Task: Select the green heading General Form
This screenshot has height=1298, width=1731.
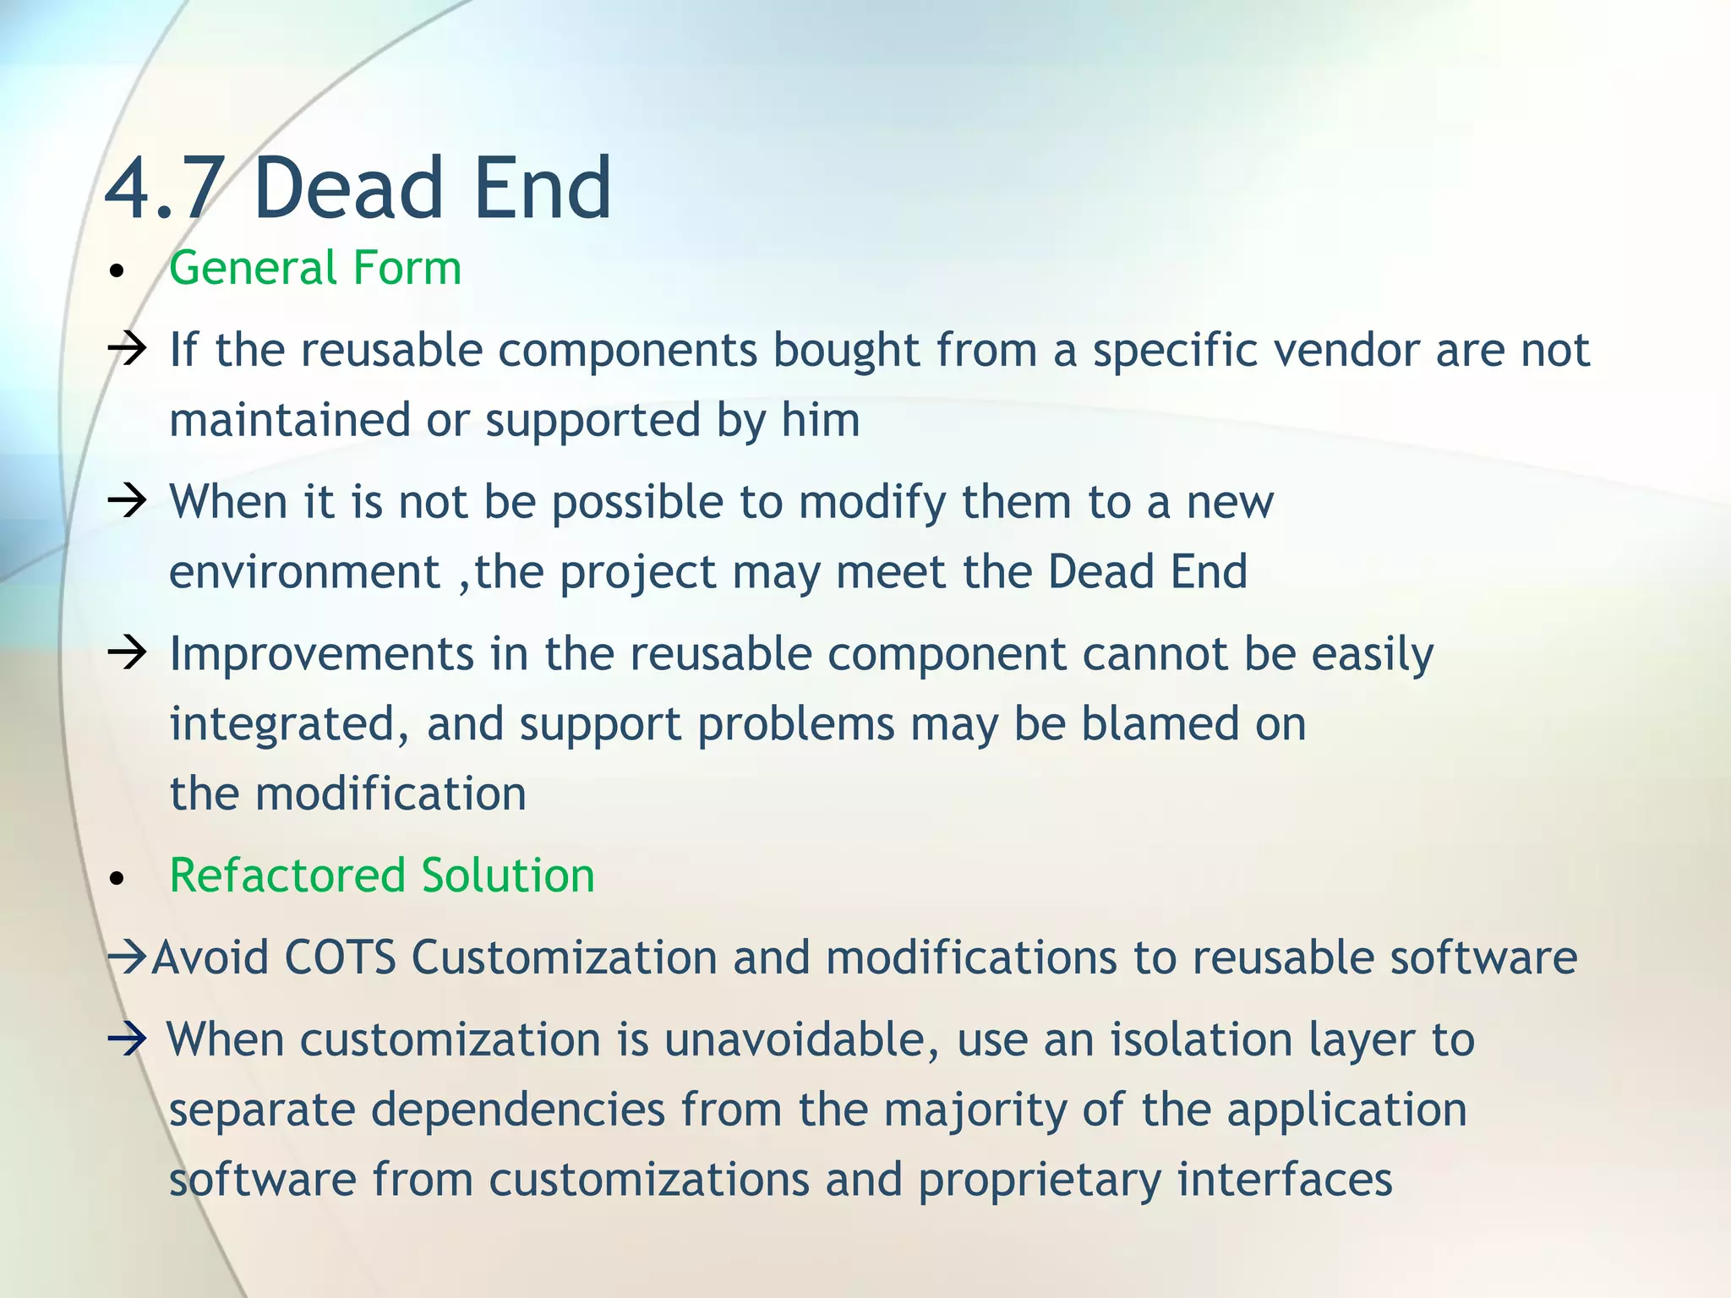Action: point(314,268)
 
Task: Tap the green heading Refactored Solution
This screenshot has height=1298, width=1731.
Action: point(382,875)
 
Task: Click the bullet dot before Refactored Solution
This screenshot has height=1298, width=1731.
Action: point(117,879)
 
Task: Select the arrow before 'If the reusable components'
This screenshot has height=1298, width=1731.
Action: point(128,349)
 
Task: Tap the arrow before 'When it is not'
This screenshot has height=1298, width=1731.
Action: point(128,501)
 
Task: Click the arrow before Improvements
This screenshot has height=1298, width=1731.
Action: point(128,653)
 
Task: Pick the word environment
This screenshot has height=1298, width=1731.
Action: point(305,572)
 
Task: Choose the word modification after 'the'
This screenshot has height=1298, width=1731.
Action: point(390,794)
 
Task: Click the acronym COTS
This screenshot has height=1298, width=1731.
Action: point(340,958)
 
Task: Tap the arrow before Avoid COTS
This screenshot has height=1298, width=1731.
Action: point(128,958)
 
